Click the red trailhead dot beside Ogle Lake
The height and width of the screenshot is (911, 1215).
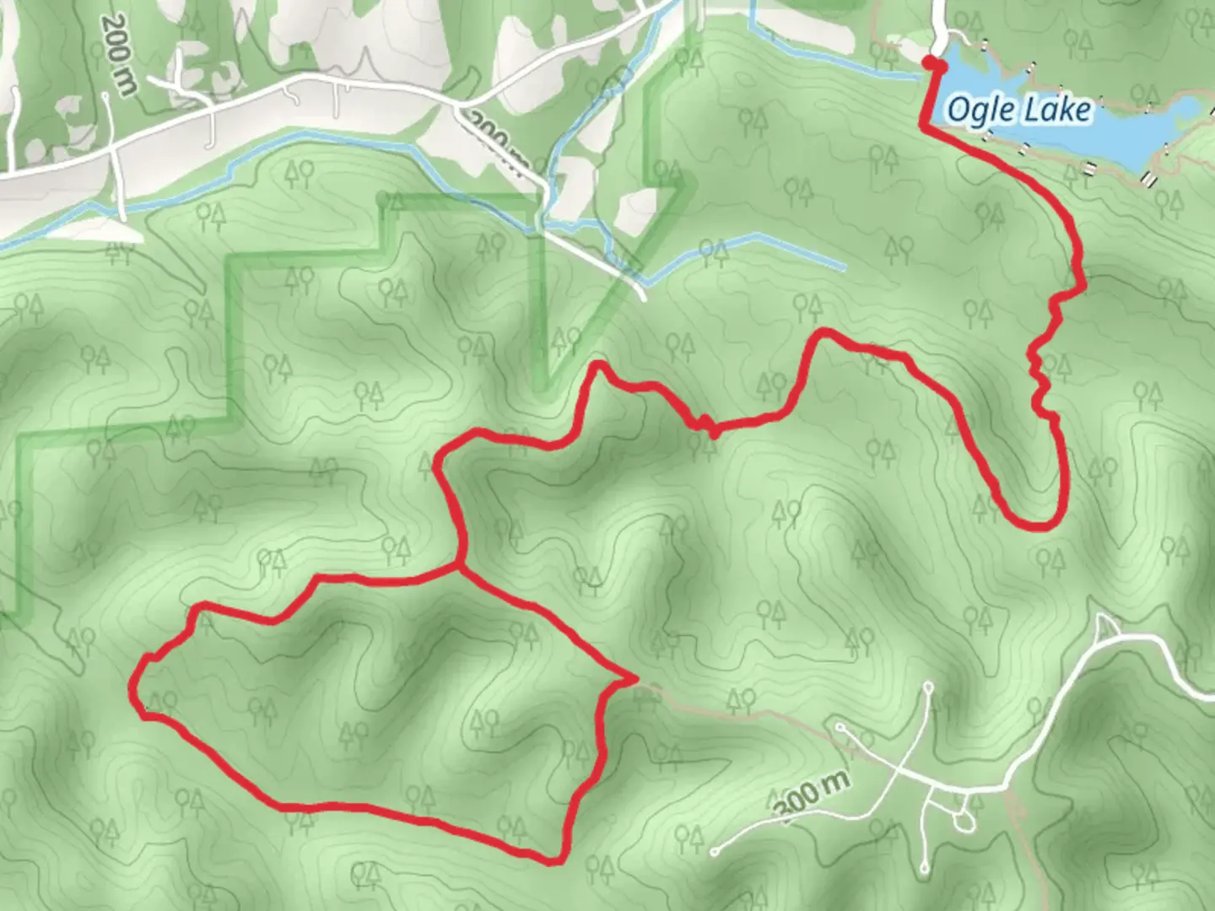click(930, 63)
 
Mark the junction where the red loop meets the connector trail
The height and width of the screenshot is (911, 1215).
click(459, 564)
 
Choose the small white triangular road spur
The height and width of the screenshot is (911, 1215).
click(1104, 626)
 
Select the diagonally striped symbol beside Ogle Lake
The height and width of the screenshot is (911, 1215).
click(1149, 178)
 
